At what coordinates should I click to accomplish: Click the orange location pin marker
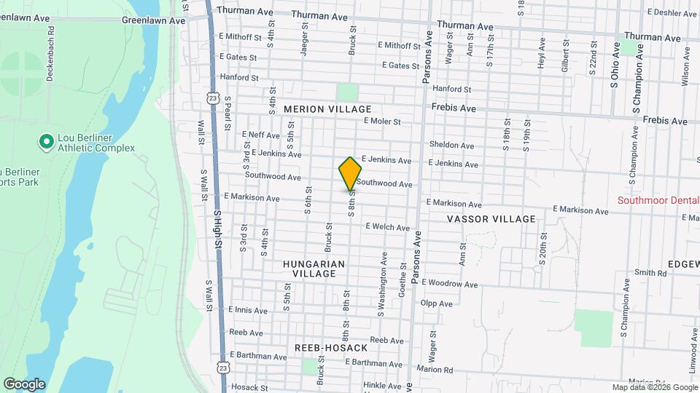click(x=351, y=173)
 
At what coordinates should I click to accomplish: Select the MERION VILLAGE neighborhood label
click(x=327, y=109)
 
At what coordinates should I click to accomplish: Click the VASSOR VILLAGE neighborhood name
click(x=491, y=219)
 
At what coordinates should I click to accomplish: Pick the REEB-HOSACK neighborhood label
click(x=331, y=348)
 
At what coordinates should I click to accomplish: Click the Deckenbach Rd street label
click(x=51, y=55)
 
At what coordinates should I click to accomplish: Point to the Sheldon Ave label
click(x=446, y=144)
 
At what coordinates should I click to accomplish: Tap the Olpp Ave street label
click(x=432, y=303)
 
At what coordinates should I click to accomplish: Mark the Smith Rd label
click(x=650, y=273)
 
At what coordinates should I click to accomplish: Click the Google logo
click(x=24, y=384)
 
